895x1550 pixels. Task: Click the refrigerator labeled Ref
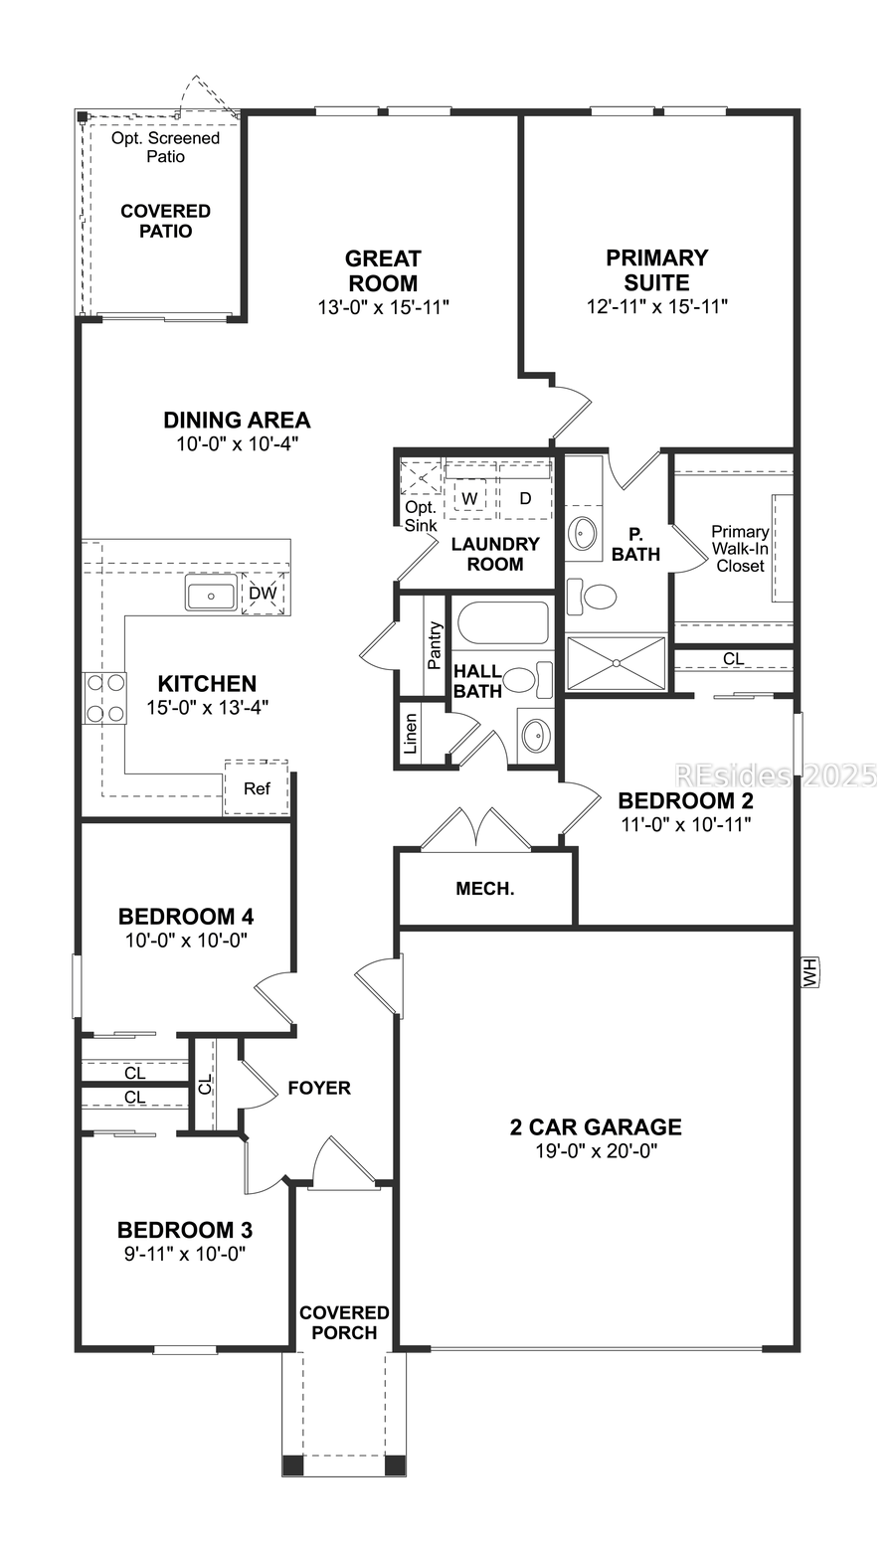coord(257,788)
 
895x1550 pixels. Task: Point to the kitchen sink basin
coord(210,597)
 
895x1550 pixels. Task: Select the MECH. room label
coord(484,889)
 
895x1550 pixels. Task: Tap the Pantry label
coord(435,645)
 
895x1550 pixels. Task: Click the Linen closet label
coord(411,733)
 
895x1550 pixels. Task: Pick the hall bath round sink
coord(534,736)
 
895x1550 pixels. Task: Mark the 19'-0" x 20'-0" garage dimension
coord(596,1151)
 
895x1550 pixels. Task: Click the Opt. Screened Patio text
coord(165,147)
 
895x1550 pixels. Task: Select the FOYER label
coord(319,1088)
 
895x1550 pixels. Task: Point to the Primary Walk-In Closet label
coord(740,549)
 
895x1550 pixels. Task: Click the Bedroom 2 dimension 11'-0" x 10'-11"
coord(685,823)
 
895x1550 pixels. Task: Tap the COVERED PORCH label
coord(344,1322)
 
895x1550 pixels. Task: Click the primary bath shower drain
coord(617,661)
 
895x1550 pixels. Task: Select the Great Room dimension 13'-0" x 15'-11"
coord(383,307)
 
